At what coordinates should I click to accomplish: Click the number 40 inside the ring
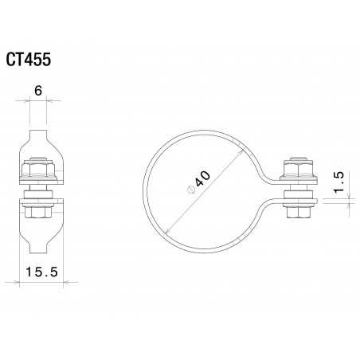tap(204, 179)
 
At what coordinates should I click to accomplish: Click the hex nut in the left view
tap(37, 170)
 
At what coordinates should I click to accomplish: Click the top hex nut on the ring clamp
tap(295, 170)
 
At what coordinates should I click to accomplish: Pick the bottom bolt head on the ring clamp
tap(295, 211)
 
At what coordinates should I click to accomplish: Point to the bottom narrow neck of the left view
tap(38, 248)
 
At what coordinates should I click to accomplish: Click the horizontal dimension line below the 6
tap(38, 100)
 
